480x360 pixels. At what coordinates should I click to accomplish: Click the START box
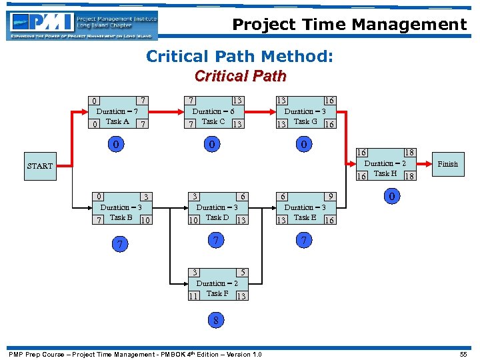click(x=39, y=166)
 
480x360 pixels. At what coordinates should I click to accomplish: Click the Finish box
click(x=447, y=164)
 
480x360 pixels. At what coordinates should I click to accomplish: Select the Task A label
click(x=117, y=121)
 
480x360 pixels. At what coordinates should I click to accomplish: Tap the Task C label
click(x=213, y=121)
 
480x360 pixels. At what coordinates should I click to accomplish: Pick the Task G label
click(x=305, y=121)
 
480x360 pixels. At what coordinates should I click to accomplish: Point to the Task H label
click(x=385, y=173)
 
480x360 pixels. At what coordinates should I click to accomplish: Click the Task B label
click(x=121, y=217)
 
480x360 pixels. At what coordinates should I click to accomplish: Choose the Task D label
click(x=217, y=217)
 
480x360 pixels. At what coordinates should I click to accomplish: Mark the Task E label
click(x=305, y=217)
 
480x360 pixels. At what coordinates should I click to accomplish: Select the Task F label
click(x=217, y=293)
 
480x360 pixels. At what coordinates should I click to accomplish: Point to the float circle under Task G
click(x=304, y=144)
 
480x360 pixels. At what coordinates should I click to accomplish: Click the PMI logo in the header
click(x=82, y=24)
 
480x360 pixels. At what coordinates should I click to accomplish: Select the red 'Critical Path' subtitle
click(x=240, y=76)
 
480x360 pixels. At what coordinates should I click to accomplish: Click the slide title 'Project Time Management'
click(x=349, y=25)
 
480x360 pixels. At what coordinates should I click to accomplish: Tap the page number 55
click(x=463, y=354)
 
